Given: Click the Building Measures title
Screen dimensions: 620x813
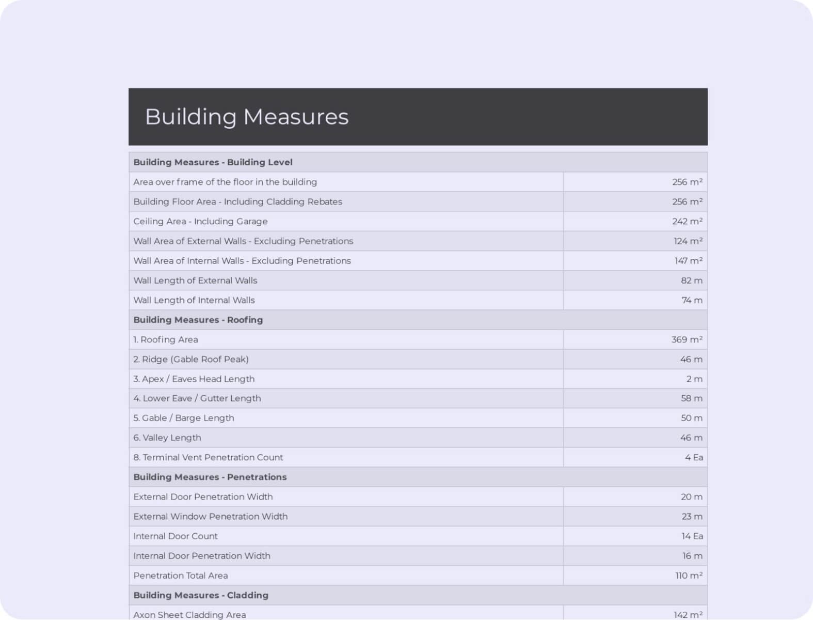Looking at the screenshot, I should pyautogui.click(x=247, y=117).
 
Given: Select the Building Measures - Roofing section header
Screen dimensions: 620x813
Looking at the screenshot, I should pyautogui.click(x=198, y=320).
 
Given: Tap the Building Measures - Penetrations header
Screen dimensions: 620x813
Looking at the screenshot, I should pyautogui.click(x=210, y=477).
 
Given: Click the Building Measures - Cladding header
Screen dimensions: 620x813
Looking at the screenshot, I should pyautogui.click(x=201, y=595).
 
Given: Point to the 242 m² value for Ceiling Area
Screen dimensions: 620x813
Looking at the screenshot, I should pyautogui.click(x=687, y=221).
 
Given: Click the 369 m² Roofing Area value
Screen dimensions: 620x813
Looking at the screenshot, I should pyautogui.click(x=687, y=339).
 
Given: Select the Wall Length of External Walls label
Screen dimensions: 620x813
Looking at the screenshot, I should pyautogui.click(x=195, y=281).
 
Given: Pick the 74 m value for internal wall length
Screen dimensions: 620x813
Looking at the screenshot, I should pyautogui.click(x=692, y=300).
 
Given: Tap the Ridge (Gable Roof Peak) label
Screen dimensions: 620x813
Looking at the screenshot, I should pyautogui.click(x=191, y=359).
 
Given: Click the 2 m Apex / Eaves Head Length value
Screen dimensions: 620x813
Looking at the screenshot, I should pyautogui.click(x=694, y=379).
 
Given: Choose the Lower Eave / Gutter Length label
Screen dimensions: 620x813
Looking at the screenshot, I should pyautogui.click(x=197, y=398).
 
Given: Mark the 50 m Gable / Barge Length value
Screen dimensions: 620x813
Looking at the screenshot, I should pyautogui.click(x=691, y=418).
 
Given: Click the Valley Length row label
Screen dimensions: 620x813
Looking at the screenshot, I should pyautogui.click(x=167, y=438).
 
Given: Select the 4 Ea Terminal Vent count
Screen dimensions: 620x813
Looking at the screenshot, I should pyautogui.click(x=694, y=457).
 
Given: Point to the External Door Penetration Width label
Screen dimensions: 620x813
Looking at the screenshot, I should pyautogui.click(x=203, y=497).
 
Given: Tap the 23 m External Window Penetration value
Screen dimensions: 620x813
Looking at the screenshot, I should pyautogui.click(x=692, y=516).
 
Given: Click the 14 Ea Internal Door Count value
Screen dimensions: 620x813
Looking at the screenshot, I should pyautogui.click(x=692, y=536).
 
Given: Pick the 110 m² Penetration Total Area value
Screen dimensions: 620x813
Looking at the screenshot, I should pyautogui.click(x=689, y=576).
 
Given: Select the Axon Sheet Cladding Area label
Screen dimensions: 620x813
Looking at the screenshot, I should pyautogui.click(x=189, y=615).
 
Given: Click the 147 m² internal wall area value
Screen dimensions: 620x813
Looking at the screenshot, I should pyautogui.click(x=688, y=261).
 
